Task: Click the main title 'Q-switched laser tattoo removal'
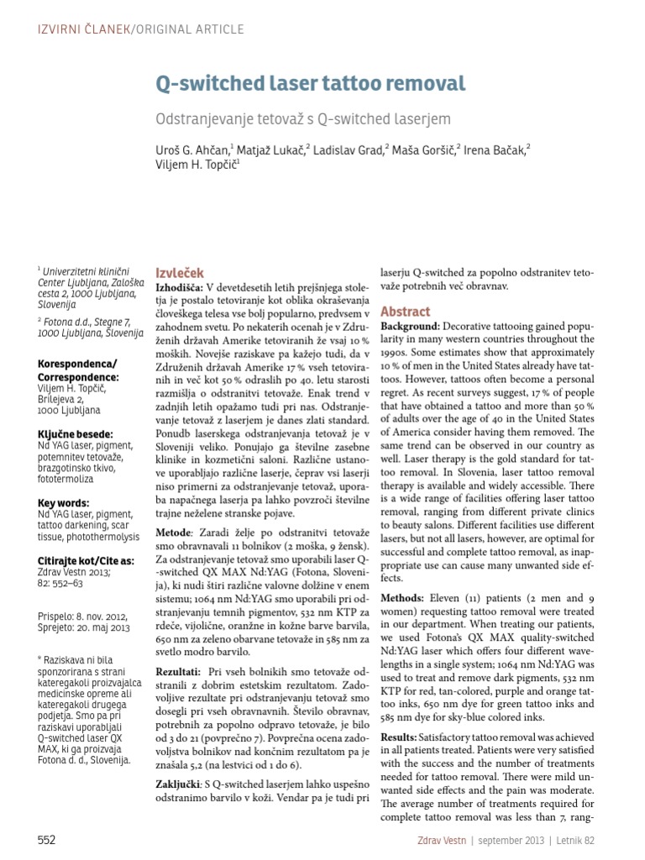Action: (x=310, y=84)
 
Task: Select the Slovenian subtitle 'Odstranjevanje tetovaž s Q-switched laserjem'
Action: (x=303, y=119)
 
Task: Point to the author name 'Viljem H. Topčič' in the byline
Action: (x=197, y=165)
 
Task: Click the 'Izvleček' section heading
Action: (x=180, y=273)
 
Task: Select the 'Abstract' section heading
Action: (x=406, y=311)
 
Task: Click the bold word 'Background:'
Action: (x=410, y=326)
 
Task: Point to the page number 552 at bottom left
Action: (x=48, y=839)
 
